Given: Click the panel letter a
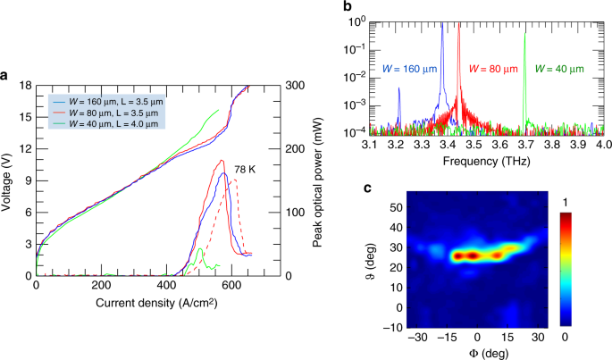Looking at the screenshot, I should point(5,75).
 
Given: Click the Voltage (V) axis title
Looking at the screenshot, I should point(8,181).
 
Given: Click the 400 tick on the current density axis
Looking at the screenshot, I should point(166,286).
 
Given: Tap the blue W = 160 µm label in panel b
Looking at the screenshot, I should point(407,69).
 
